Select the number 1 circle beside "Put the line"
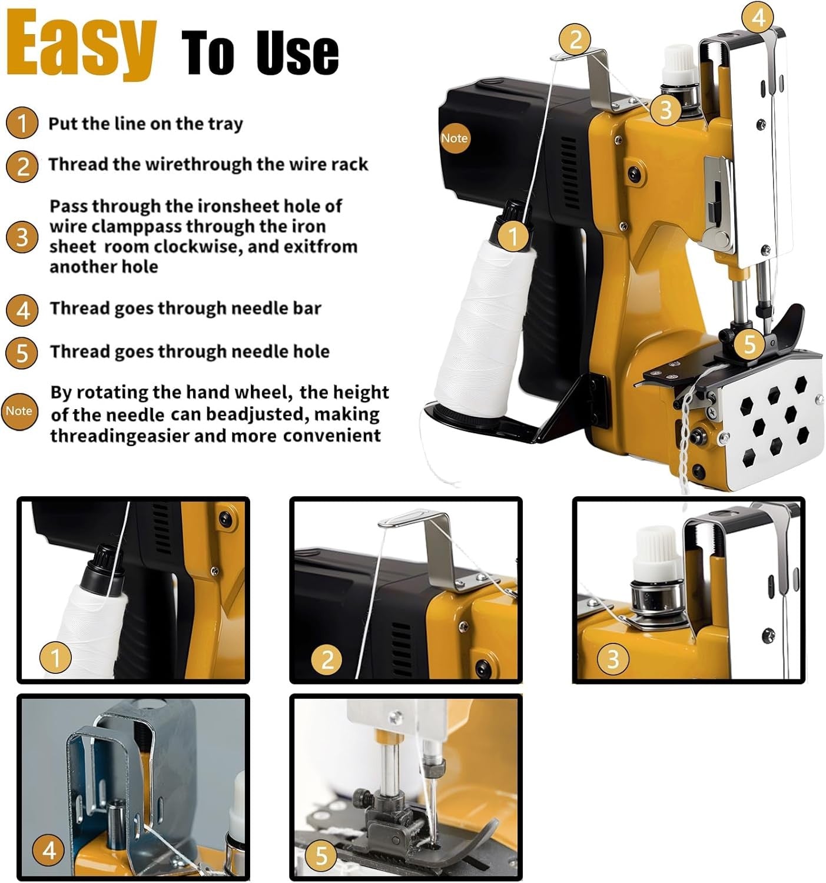(x=21, y=122)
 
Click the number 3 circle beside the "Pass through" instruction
(x=22, y=237)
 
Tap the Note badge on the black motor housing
(x=454, y=138)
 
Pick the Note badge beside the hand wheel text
(x=19, y=411)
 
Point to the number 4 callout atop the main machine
(x=758, y=17)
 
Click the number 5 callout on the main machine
(x=749, y=343)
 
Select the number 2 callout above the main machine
(x=575, y=39)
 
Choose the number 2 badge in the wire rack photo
(x=327, y=659)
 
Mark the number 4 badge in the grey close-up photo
(x=49, y=851)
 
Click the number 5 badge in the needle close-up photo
(x=321, y=856)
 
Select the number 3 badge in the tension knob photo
(x=613, y=659)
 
